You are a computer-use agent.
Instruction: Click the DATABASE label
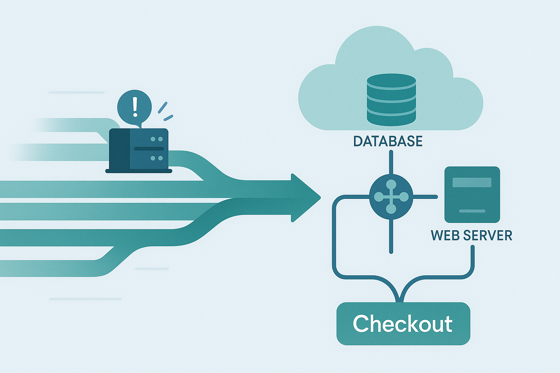[x=388, y=141]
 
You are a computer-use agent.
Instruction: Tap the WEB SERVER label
[x=471, y=235]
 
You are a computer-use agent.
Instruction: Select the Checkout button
[x=403, y=323]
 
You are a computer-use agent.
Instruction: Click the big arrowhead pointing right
[x=305, y=198]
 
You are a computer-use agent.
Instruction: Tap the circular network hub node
[x=391, y=197]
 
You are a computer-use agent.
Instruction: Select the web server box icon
[x=472, y=195]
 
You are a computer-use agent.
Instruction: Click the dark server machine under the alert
[x=139, y=149]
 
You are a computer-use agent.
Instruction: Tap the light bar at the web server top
[x=472, y=182]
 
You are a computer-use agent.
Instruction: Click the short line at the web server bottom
[x=472, y=211]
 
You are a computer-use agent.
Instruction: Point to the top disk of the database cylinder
[x=391, y=80]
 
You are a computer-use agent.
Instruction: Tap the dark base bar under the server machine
[x=139, y=171]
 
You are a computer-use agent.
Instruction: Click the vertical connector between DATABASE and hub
[x=391, y=164]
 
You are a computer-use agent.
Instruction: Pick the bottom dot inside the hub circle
[x=391, y=209]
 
